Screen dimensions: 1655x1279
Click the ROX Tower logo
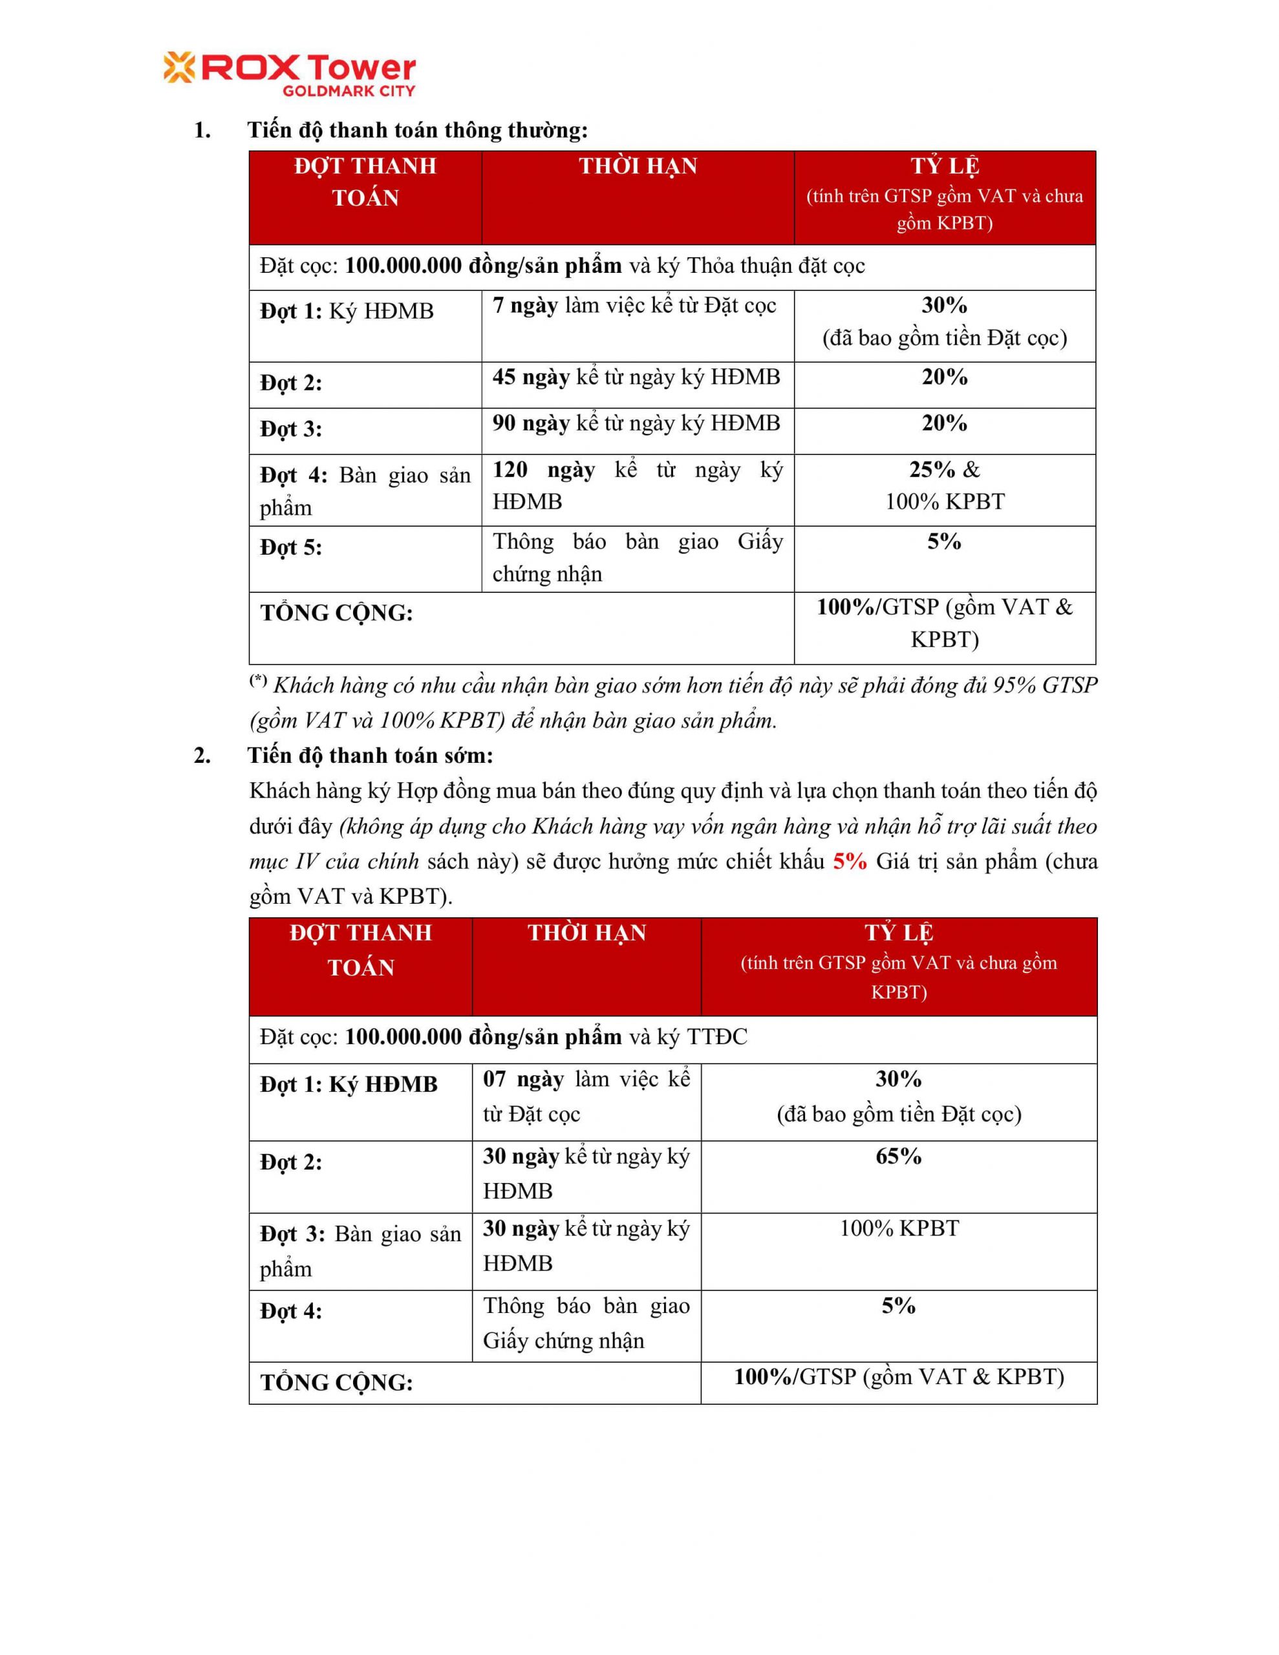pos(289,74)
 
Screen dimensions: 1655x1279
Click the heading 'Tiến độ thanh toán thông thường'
pos(417,131)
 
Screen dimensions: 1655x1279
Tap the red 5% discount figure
pos(849,862)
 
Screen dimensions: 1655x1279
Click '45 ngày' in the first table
pos(531,377)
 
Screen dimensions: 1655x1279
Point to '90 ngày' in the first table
pos(531,423)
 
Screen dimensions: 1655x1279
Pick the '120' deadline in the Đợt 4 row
pos(510,470)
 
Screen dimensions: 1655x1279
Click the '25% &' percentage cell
pos(944,470)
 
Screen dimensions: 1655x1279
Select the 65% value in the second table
pos(898,1157)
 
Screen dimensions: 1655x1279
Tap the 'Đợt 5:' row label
pos(291,547)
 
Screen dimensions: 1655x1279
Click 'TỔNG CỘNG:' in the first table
pos(337,613)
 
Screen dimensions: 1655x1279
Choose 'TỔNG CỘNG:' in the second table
pos(337,1383)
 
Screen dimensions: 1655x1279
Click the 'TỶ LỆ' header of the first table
pos(945,166)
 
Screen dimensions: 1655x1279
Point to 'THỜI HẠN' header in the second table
pos(587,933)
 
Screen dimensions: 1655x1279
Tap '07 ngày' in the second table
pos(523,1079)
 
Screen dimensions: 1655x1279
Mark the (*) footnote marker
pos(259,681)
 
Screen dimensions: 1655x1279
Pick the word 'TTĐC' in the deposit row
pos(716,1037)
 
